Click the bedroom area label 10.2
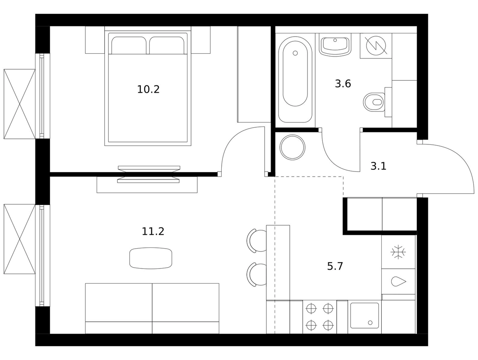pos(148,90)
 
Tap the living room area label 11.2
pos(153,232)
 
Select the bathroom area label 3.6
pos(343,84)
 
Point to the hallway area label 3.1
pos(378,166)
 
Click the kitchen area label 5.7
pos(335,266)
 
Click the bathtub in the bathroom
pos(295,80)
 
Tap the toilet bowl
pos(374,102)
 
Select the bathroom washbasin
pos(335,45)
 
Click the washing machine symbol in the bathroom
pos(376,46)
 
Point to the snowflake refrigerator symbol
pos(398,252)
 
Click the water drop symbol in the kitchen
pos(398,281)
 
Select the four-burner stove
pos(320,317)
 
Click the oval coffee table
pos(151,258)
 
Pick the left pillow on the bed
pos(129,45)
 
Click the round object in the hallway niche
pos(292,147)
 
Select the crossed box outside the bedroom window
pos(20,104)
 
